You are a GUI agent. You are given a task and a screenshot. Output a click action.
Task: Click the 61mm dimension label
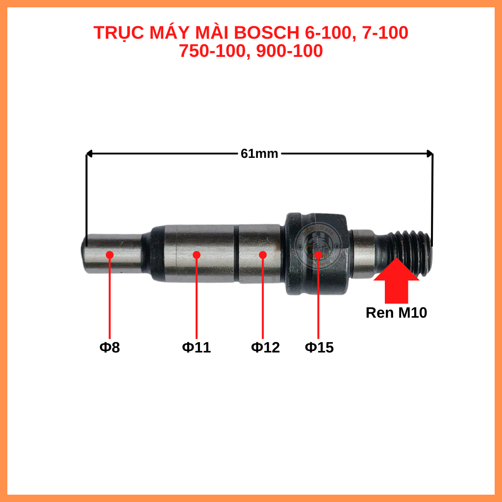tap(259, 153)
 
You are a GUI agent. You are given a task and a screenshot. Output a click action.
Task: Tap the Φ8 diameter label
tap(109, 348)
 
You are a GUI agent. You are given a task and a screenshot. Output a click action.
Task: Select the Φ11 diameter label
tap(197, 348)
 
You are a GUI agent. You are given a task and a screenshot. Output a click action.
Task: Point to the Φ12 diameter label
tap(265, 348)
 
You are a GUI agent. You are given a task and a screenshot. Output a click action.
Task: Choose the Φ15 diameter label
tap(319, 348)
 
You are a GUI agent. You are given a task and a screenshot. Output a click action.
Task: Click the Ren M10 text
tap(396, 313)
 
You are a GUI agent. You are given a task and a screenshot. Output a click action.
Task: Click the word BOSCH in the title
tap(266, 33)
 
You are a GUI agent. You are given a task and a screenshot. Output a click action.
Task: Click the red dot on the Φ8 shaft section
tap(109, 255)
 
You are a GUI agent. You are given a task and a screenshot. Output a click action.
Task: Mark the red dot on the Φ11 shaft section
tap(197, 254)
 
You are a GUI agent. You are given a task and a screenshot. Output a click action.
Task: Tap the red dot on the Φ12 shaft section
tap(263, 255)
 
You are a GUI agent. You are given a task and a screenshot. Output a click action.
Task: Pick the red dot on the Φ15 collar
tap(318, 254)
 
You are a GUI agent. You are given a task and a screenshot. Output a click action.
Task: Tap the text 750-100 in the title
tap(211, 51)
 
